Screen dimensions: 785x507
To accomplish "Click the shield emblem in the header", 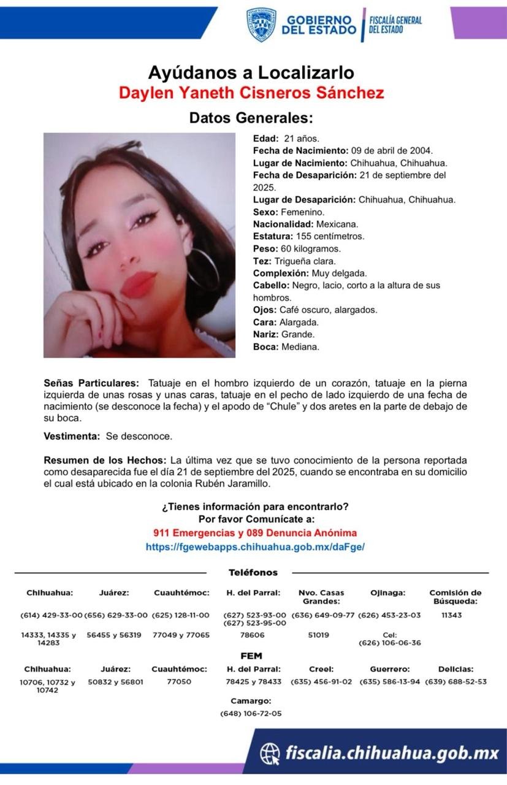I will coord(261,25).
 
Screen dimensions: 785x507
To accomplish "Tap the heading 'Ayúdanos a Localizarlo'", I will coord(251,73).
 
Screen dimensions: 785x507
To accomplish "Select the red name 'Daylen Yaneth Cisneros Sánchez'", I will coord(251,93).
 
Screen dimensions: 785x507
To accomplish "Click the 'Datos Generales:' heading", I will coord(251,118).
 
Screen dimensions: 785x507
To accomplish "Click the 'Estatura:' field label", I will coord(273,236).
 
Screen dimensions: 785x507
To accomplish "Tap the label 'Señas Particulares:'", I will coord(91,383).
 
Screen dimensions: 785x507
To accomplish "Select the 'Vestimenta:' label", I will coord(72,436).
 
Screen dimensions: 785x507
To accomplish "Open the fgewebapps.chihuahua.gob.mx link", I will coord(255,546).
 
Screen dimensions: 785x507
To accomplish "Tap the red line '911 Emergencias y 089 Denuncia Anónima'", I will coord(255,533).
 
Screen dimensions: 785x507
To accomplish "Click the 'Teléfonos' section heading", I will coord(253,572).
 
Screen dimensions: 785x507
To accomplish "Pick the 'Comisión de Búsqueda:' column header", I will coord(455,597).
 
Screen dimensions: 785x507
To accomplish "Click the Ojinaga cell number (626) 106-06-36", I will coord(389,643).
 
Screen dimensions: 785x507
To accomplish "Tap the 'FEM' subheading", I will coord(251,656).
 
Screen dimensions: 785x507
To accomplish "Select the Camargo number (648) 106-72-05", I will coord(251,713).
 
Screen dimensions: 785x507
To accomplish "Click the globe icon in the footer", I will coord(270,752).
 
